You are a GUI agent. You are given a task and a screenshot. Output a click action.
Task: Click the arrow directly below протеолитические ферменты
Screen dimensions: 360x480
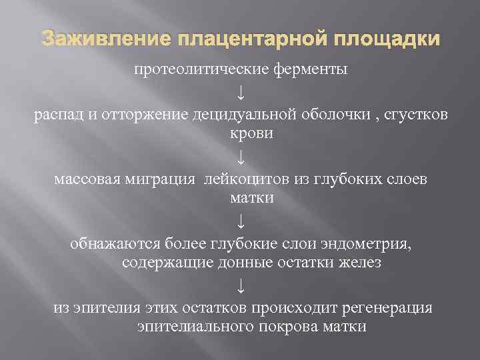[x=241, y=92]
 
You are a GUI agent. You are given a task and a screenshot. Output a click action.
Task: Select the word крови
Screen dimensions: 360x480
[x=241, y=134]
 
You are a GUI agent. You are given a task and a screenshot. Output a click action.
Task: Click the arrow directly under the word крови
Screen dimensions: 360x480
[x=241, y=157]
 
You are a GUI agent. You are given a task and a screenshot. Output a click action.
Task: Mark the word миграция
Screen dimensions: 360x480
[x=163, y=179]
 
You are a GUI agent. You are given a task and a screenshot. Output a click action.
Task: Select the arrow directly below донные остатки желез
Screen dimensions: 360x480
[x=241, y=286]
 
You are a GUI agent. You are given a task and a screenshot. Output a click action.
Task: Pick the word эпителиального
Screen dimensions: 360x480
[x=189, y=327]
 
